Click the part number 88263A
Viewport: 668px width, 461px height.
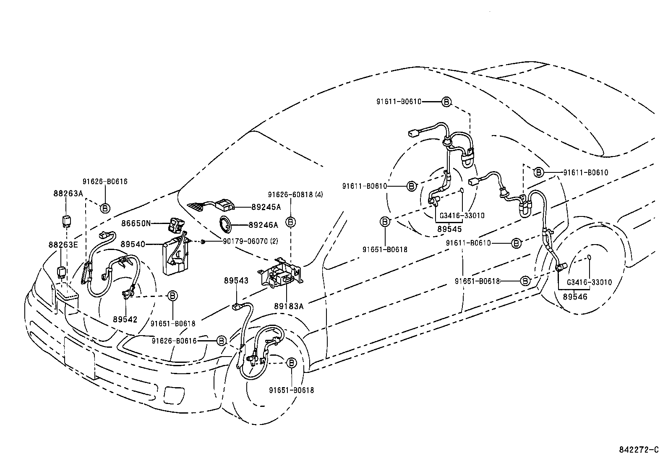[68, 193]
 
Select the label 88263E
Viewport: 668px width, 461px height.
[63, 245]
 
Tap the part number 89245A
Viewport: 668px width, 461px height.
[266, 207]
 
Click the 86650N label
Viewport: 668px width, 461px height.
[136, 224]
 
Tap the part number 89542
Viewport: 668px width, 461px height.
[125, 319]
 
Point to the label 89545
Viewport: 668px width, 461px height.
[449, 229]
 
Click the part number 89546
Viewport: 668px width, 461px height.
[575, 297]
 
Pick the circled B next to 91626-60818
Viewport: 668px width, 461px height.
[290, 222]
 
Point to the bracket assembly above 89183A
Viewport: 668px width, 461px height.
[280, 273]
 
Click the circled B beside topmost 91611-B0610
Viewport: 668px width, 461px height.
[446, 102]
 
